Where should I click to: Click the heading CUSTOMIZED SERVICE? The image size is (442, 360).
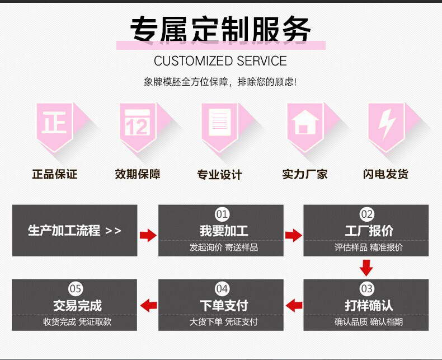click(220, 61)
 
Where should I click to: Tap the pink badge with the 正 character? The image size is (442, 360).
click(54, 124)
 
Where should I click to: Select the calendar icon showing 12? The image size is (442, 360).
click(137, 124)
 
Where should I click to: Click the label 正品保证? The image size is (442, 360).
click(54, 174)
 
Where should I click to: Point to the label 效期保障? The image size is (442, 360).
click(138, 174)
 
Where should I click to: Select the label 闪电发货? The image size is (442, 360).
click(386, 174)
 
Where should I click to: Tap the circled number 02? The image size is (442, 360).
click(367, 214)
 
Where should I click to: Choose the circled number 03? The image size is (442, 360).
click(367, 289)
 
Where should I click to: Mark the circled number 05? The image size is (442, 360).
click(76, 289)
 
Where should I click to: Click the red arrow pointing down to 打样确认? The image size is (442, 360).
click(366, 268)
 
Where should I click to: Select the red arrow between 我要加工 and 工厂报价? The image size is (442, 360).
click(293, 235)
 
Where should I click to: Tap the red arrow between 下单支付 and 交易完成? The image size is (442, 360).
click(148, 306)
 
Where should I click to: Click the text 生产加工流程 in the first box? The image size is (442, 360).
click(64, 231)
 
